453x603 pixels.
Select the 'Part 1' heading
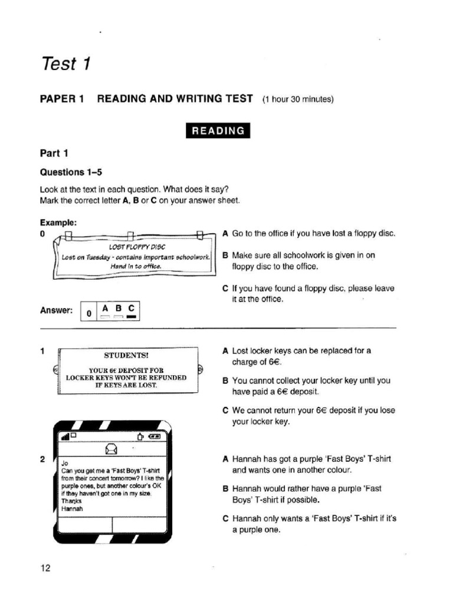54,154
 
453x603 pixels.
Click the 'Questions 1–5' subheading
71,173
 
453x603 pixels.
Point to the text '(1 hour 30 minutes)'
298,99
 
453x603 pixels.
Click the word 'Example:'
58,223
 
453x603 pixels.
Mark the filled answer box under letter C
131,317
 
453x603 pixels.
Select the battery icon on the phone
153,436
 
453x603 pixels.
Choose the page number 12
45,568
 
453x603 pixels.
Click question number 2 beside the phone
42,460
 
